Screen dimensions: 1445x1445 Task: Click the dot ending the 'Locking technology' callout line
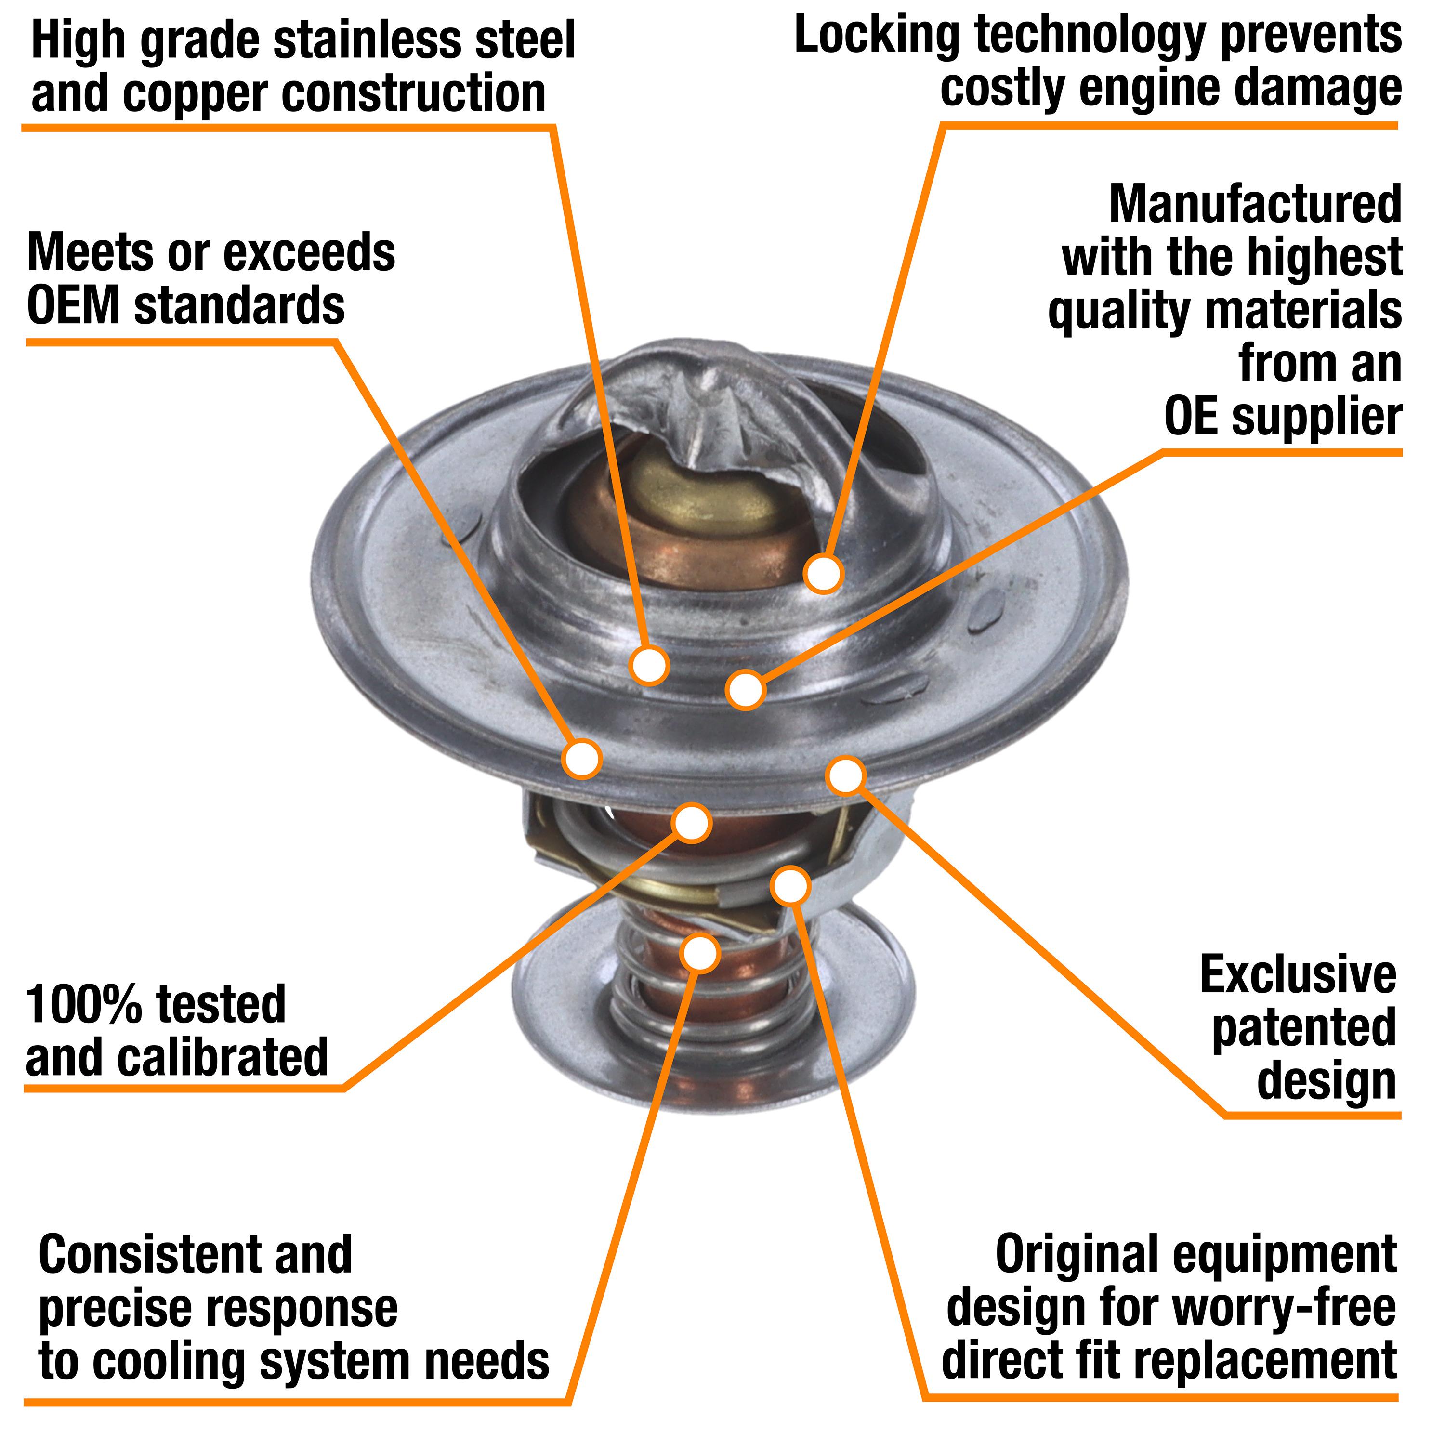[824, 574]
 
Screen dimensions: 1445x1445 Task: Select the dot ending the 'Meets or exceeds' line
[582, 758]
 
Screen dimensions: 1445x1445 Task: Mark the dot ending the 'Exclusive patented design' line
[846, 775]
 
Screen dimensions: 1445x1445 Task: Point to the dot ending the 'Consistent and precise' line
[700, 953]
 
